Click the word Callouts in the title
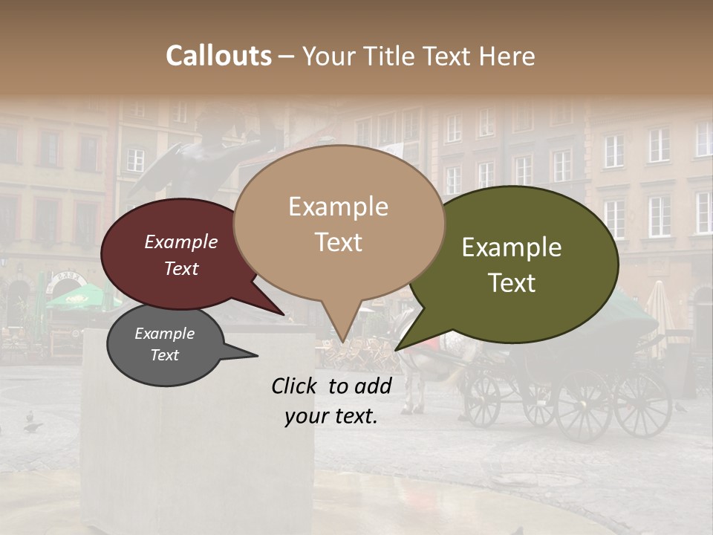pos(218,56)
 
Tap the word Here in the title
pos(507,56)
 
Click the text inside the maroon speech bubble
pos(181,255)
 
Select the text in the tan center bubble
pos(338,224)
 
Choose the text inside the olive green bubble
pos(512,265)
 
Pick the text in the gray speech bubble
pos(164,344)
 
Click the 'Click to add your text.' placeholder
pos(331,401)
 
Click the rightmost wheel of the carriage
pos(642,403)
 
